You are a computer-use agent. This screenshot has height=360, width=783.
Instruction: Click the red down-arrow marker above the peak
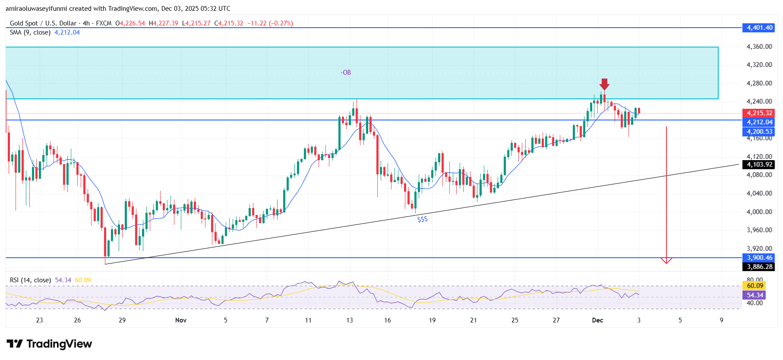click(604, 84)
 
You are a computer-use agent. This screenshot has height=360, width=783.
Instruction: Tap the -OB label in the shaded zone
click(346, 73)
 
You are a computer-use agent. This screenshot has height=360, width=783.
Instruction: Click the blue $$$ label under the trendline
click(422, 219)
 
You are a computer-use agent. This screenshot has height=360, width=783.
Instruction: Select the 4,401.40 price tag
click(759, 28)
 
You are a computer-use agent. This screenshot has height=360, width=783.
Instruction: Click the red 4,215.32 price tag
click(759, 113)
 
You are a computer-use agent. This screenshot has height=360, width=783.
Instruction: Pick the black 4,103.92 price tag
click(759, 164)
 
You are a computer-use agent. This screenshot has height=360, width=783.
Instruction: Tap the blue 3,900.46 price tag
click(759, 258)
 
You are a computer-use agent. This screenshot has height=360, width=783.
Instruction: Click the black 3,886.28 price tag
click(759, 267)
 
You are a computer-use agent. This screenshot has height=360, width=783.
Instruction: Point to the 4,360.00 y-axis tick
click(759, 47)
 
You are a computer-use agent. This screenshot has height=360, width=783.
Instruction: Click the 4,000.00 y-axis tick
click(759, 212)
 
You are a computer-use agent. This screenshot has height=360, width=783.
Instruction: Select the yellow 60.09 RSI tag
click(755, 286)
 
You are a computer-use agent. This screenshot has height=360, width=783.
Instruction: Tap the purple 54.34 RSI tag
click(755, 295)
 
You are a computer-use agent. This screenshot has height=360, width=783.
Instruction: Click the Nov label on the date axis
click(181, 320)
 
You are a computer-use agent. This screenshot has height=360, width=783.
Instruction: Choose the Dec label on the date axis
click(597, 320)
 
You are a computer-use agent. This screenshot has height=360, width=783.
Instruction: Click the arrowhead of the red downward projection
click(666, 261)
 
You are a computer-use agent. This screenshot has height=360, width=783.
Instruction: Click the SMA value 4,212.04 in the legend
click(67, 32)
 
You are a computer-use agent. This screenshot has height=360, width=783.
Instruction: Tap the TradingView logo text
click(59, 344)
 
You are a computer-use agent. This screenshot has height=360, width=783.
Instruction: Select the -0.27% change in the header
click(281, 23)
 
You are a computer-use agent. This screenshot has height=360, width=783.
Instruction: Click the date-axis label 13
click(349, 320)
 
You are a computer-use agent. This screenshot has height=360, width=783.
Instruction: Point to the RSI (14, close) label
click(30, 280)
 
